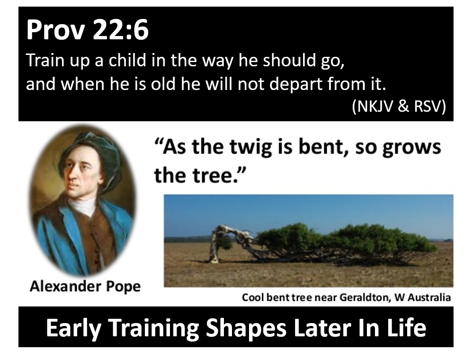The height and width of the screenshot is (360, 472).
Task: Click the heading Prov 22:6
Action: click(x=87, y=30)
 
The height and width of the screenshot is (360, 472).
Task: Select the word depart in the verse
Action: click(x=296, y=84)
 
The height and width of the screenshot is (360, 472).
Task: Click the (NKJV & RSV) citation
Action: click(x=399, y=106)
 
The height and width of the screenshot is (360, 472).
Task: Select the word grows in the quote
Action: click(x=411, y=148)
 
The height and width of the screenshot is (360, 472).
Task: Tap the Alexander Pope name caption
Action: click(x=85, y=287)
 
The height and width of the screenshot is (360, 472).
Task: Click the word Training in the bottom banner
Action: click(x=153, y=328)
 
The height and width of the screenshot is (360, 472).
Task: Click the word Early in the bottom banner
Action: click(x=74, y=328)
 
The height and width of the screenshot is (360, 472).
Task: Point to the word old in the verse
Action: click(x=163, y=83)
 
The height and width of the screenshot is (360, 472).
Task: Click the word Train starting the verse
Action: click(x=45, y=60)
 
